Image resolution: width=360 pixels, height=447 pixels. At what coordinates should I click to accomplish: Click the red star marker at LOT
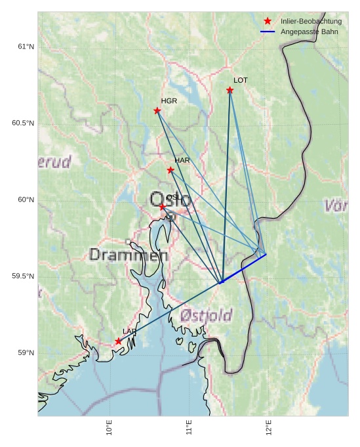tap(230, 90)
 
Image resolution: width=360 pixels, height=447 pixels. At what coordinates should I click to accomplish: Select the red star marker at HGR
tap(157, 110)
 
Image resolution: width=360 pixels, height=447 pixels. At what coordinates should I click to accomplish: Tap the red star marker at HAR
tap(170, 170)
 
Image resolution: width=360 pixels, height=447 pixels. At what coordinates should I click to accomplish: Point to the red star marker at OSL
tap(163, 207)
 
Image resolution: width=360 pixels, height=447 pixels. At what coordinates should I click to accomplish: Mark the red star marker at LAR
tap(119, 341)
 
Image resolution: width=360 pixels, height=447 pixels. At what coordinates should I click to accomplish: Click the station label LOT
tap(241, 80)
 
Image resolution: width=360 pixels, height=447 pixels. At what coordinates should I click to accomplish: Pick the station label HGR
tap(169, 101)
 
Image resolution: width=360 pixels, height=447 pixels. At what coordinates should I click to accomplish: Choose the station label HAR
tap(182, 160)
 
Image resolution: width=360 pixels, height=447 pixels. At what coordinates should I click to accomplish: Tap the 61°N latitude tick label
tap(26, 47)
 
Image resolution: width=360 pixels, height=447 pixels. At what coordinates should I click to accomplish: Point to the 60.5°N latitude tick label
tap(23, 123)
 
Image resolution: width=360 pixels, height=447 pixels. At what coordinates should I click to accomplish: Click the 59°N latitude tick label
tap(26, 353)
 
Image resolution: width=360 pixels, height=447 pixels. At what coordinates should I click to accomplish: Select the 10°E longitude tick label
tap(109, 427)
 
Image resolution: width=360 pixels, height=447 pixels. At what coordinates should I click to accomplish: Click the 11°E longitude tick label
tap(189, 427)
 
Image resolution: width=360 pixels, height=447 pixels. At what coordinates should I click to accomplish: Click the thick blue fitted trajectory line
tap(244, 268)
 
